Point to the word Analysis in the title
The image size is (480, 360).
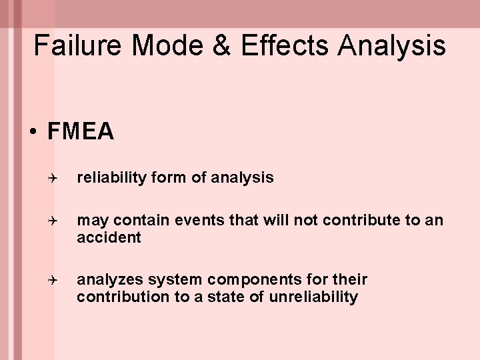(x=393, y=45)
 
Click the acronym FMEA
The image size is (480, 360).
(x=81, y=132)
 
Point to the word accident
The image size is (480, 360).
(x=109, y=238)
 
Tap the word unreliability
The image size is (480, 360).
(x=313, y=297)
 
